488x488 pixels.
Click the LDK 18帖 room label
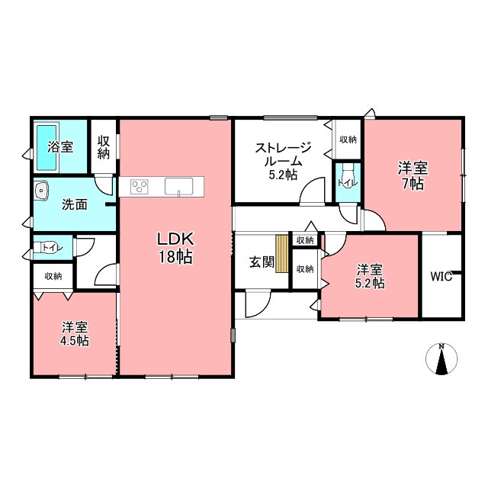click(x=176, y=248)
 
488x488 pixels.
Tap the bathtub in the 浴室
click(x=47, y=147)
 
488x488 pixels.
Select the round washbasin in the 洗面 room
click(x=40, y=190)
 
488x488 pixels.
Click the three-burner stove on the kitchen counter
click(x=139, y=187)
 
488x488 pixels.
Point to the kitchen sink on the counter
click(x=178, y=187)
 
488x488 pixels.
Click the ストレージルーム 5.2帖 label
click(x=283, y=161)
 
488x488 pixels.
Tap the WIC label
click(x=441, y=276)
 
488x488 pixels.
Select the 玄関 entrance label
click(x=262, y=262)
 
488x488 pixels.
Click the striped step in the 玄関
click(x=281, y=254)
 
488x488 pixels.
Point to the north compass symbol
click(x=441, y=358)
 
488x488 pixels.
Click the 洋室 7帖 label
click(x=413, y=176)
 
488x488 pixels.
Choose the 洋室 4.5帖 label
click(x=75, y=334)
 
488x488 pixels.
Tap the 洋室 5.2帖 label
click(x=370, y=276)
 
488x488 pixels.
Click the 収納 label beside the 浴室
click(x=104, y=147)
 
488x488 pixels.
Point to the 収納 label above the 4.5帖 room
click(x=53, y=276)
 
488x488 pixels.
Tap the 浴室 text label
click(x=60, y=147)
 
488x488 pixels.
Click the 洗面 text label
click(x=75, y=204)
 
